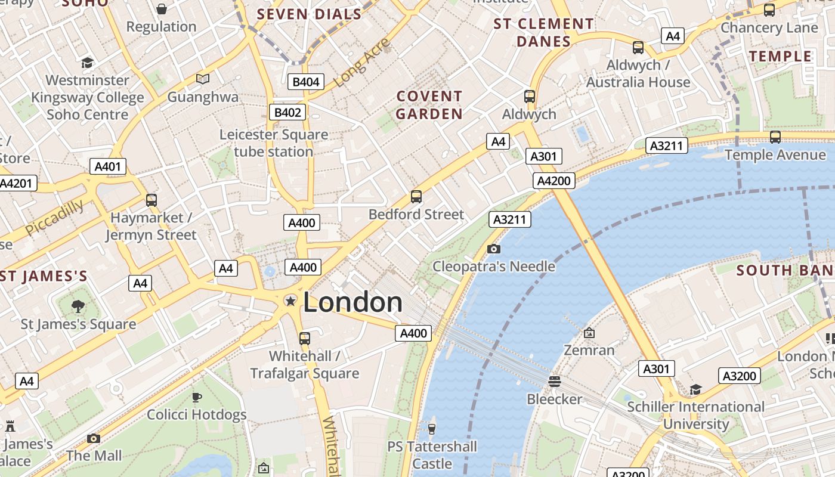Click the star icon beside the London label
(290, 301)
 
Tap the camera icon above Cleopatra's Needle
(494, 249)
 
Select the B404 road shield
(305, 82)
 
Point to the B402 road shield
(289, 112)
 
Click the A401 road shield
(108, 166)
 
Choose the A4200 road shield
(555, 181)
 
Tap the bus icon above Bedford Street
(416, 196)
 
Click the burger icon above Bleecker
(555, 381)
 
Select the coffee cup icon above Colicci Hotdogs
(197, 397)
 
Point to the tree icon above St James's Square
(78, 306)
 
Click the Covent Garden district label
(429, 105)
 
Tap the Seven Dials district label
(309, 14)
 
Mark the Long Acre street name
(362, 62)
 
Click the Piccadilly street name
(54, 218)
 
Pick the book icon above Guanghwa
(203, 79)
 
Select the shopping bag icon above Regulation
(161, 9)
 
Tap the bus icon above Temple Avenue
(775, 137)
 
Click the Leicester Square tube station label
(274, 143)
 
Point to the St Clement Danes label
(543, 33)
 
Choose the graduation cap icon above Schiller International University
(695, 389)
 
